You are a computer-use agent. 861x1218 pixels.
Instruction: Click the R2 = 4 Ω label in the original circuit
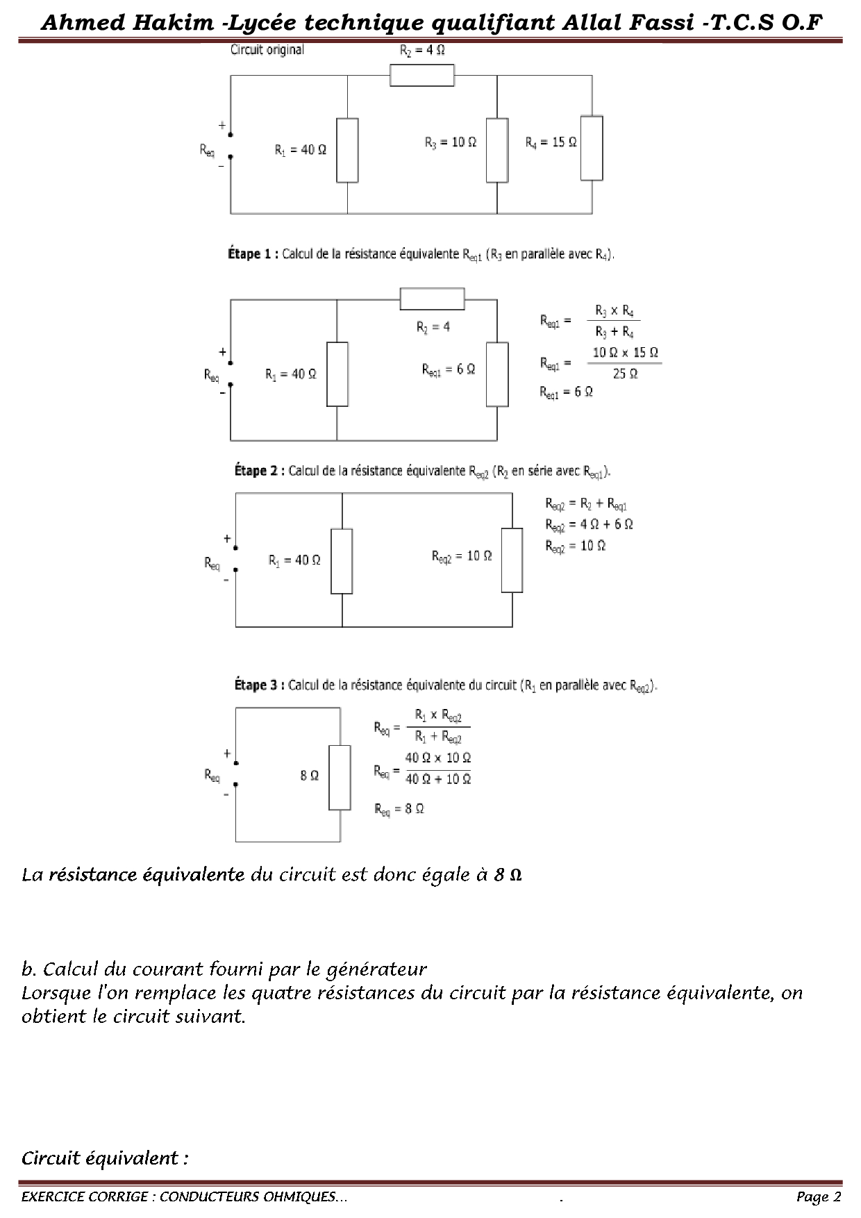422,51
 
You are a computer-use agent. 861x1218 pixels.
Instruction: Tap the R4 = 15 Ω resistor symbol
592,148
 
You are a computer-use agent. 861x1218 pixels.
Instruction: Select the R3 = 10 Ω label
451,142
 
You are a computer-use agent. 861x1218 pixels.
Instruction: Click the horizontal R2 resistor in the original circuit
422,75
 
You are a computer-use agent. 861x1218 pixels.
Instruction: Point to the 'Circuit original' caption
267,50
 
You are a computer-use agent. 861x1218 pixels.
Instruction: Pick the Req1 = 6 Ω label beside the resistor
449,370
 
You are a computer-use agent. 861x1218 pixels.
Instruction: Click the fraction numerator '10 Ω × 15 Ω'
625,353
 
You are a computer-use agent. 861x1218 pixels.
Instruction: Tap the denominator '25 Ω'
625,374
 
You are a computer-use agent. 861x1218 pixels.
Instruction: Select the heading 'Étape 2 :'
260,471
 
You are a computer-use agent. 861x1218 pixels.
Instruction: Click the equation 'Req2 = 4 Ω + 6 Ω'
589,525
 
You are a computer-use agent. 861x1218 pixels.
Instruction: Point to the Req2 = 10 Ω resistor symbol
512,560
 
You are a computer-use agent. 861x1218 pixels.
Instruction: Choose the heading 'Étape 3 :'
259,685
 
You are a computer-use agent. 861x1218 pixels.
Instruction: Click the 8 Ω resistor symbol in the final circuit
340,777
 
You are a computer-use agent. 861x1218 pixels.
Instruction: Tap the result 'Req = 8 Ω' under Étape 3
399,809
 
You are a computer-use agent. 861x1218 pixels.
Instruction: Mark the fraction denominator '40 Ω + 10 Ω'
438,780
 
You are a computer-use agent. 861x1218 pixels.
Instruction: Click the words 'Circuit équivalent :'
105,1158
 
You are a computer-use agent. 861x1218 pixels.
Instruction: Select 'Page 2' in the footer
819,1196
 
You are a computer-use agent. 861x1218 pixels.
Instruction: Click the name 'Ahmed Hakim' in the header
127,23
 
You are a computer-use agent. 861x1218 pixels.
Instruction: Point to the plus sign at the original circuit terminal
222,126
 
